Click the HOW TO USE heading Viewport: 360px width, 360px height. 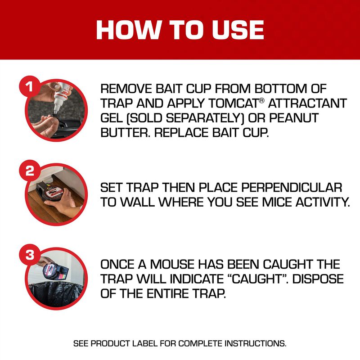[180, 29]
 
